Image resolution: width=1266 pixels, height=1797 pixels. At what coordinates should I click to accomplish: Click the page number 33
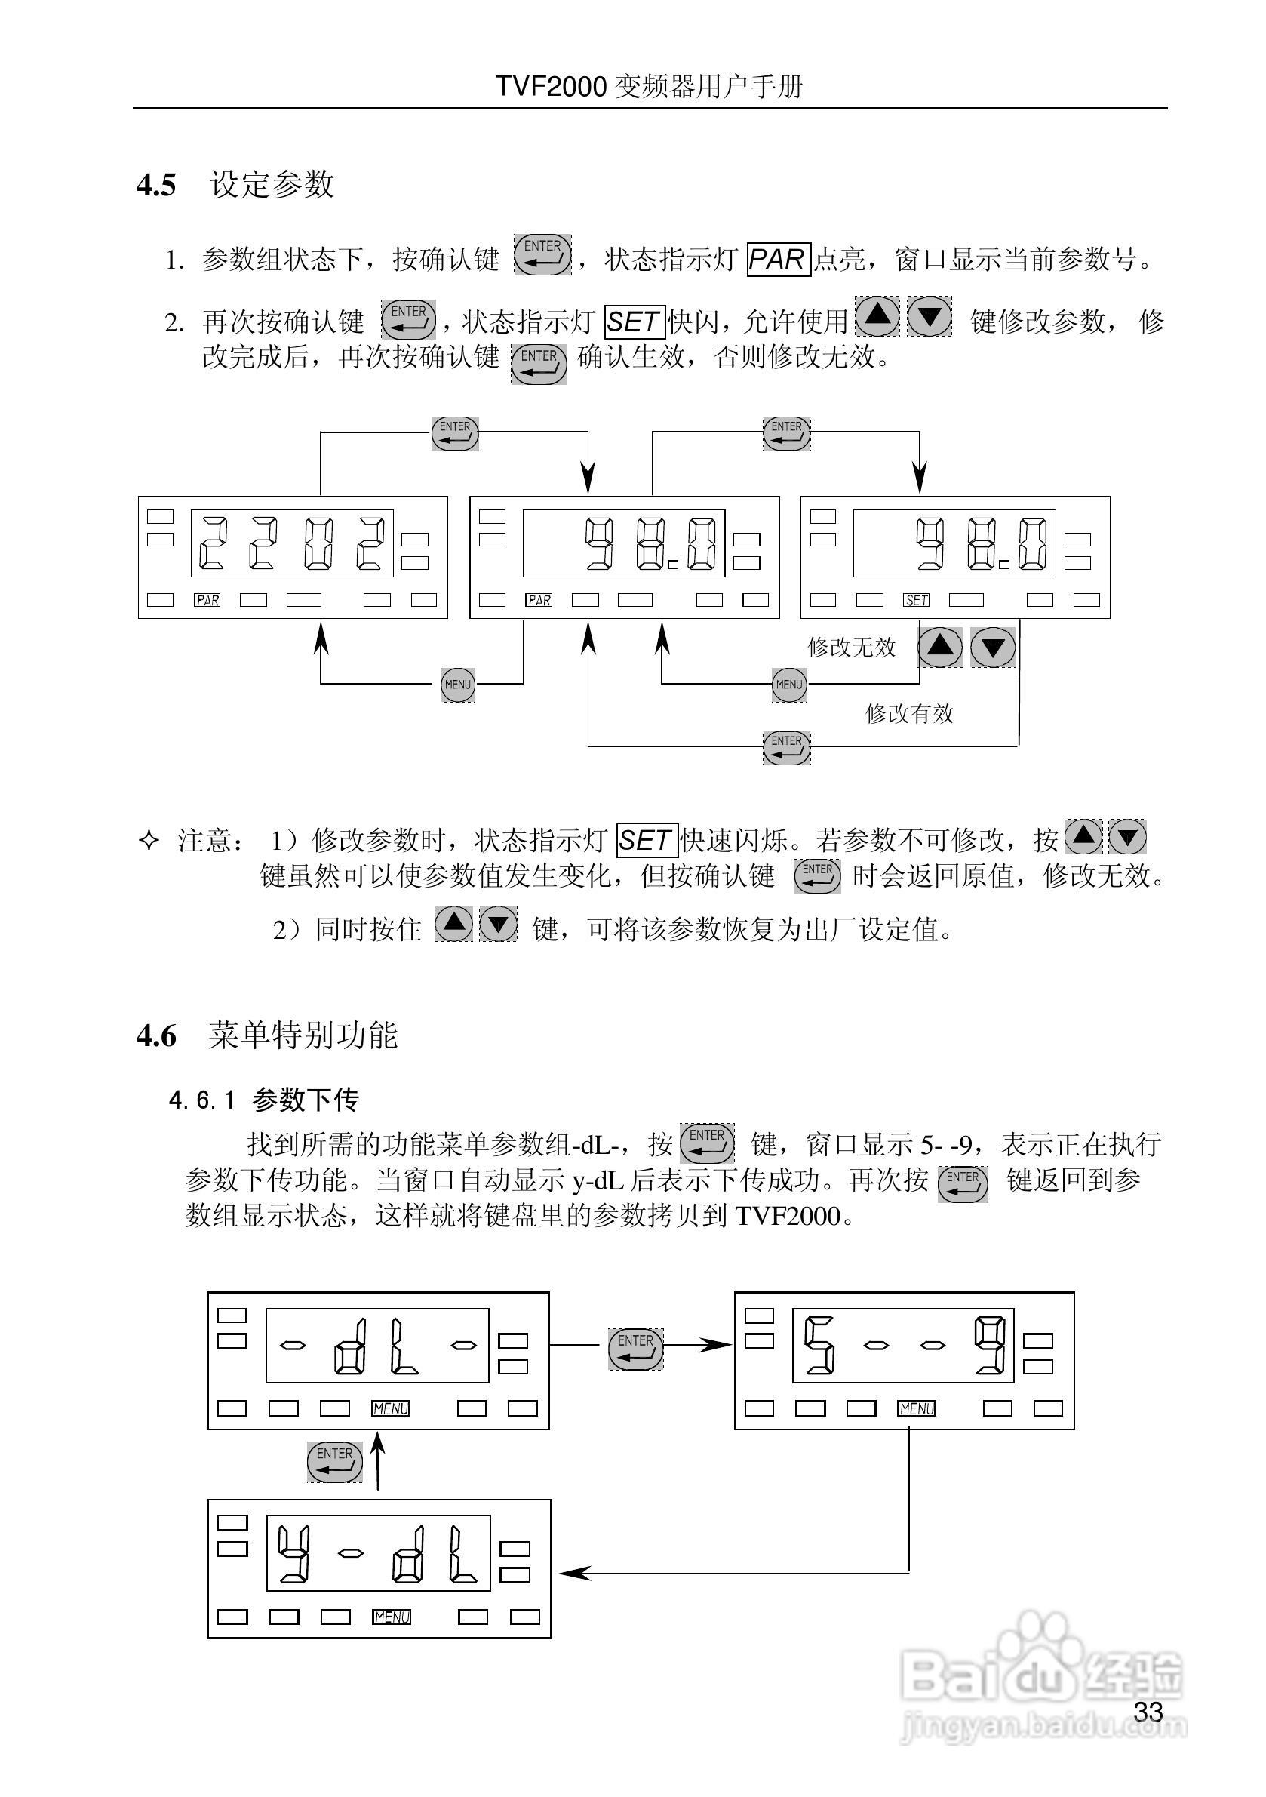(1148, 1712)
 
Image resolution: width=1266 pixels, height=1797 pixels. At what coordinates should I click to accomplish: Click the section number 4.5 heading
(156, 186)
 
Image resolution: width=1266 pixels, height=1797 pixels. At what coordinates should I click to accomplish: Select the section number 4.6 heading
(156, 1035)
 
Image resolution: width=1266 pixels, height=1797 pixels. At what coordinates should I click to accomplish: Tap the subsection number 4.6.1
(202, 1100)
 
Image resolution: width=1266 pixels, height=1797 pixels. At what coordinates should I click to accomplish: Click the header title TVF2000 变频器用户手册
(650, 86)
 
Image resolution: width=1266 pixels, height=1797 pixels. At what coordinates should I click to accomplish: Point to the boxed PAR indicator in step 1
(778, 259)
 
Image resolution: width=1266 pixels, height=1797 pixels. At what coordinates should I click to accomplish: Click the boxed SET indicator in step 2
(635, 322)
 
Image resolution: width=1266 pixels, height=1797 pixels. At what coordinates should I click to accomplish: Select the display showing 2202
(293, 543)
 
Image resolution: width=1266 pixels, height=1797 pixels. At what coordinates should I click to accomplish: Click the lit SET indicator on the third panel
(916, 600)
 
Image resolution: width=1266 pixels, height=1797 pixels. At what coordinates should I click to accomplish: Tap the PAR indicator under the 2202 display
(207, 600)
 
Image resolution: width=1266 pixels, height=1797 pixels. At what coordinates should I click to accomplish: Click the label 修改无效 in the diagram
(851, 648)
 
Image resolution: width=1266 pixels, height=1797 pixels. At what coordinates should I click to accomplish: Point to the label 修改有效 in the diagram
(909, 714)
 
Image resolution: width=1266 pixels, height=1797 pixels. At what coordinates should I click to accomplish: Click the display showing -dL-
(377, 1346)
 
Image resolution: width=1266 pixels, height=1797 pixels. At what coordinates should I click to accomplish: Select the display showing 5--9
(903, 1346)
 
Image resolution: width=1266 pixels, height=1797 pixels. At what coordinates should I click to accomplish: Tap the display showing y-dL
(379, 1552)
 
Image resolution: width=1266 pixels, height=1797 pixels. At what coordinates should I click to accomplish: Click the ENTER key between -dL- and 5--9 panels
(635, 1349)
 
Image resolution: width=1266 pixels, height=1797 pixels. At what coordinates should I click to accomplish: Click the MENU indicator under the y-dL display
(392, 1617)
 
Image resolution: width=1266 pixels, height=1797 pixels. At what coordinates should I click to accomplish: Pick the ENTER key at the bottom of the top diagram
(786, 746)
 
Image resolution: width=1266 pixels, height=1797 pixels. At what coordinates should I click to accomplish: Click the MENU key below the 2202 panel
(458, 684)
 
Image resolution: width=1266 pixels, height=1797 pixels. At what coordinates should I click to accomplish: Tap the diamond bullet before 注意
(149, 841)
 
